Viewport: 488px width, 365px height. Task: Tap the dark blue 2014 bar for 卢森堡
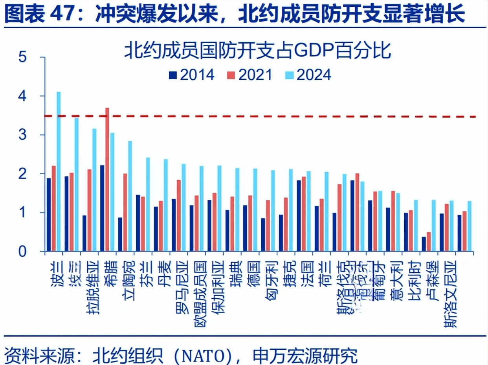pyautogui.click(x=424, y=244)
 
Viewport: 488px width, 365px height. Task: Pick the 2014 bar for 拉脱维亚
pyautogui.click(x=84, y=233)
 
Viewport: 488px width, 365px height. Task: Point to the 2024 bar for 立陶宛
pyautogui.click(x=130, y=196)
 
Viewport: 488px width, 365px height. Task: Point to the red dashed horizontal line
pyautogui.click(x=275, y=116)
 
